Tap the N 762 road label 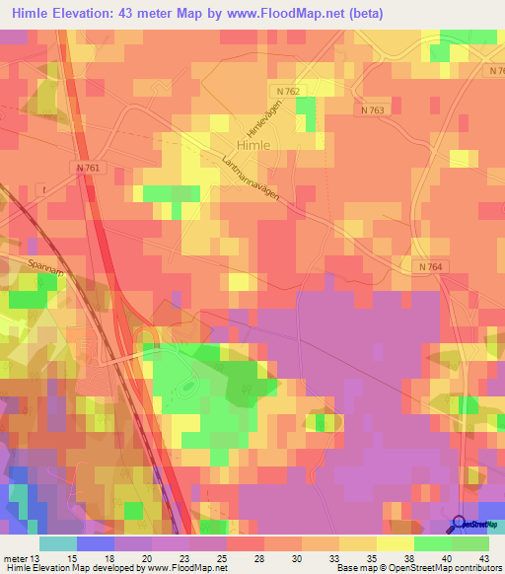287,91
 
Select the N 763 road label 372,110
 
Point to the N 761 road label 87,169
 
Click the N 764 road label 428,267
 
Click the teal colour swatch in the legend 58,543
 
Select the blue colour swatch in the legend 96,543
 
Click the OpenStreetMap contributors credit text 455,568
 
